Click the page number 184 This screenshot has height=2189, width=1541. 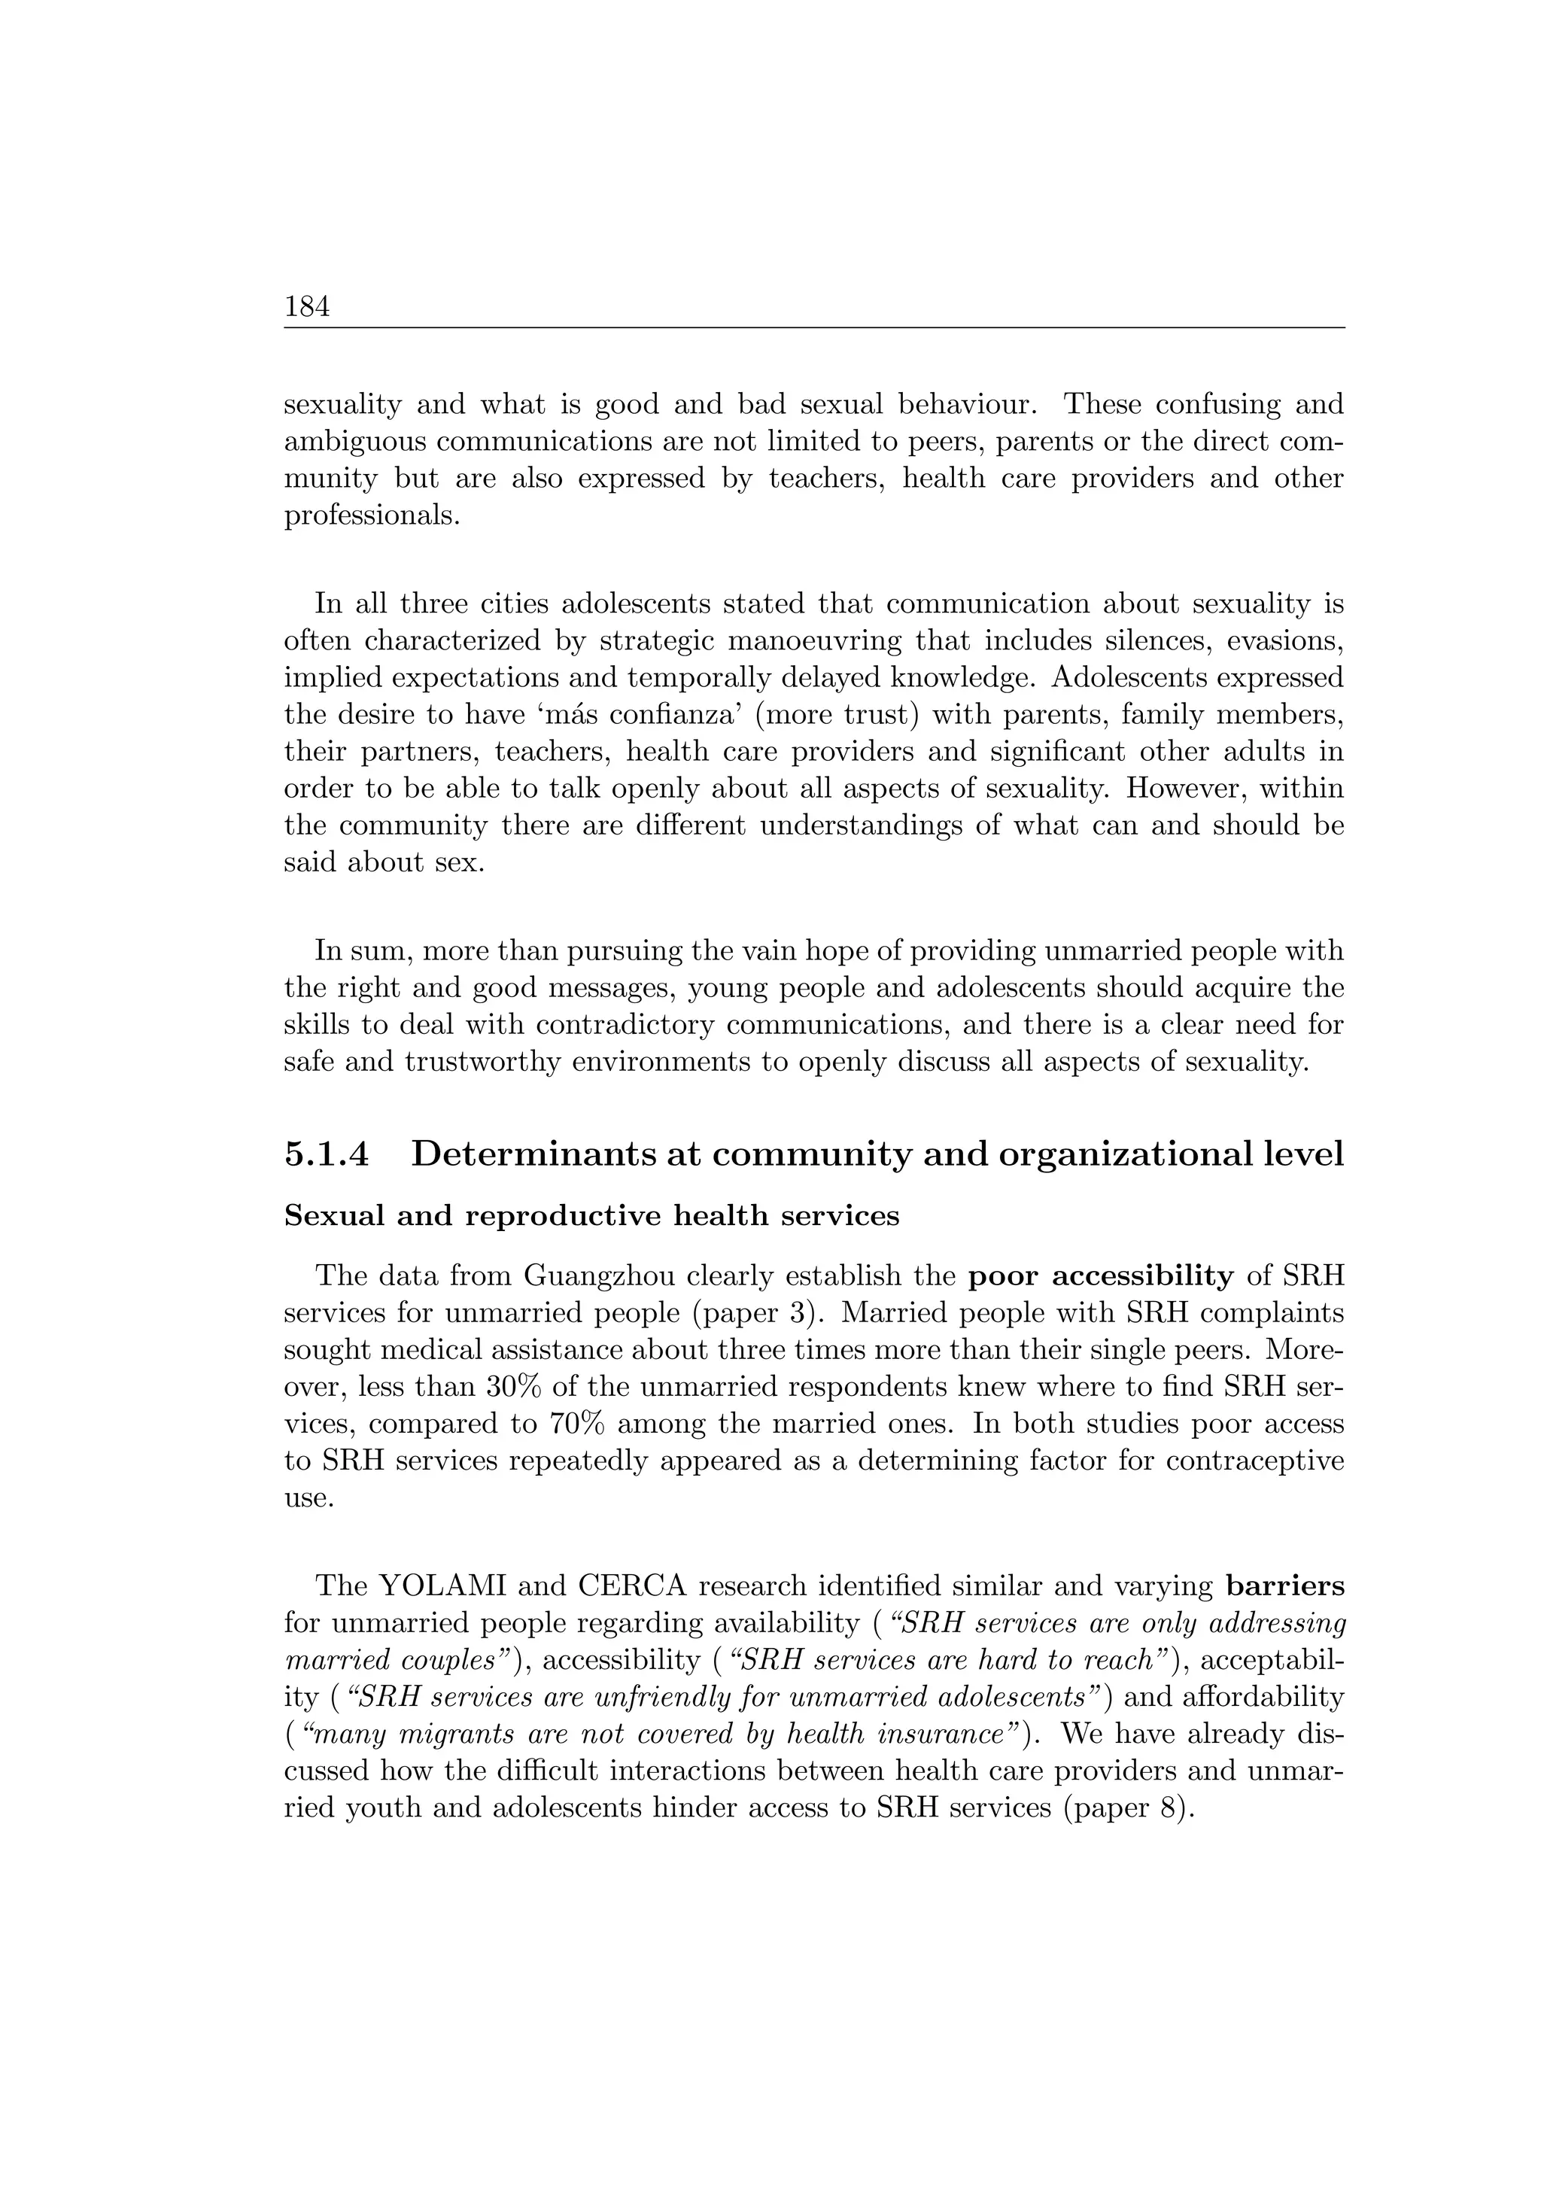point(307,307)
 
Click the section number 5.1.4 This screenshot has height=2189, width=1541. point(325,1154)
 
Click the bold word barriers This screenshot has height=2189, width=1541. point(1284,1586)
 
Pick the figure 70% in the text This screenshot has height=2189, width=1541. point(580,1424)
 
